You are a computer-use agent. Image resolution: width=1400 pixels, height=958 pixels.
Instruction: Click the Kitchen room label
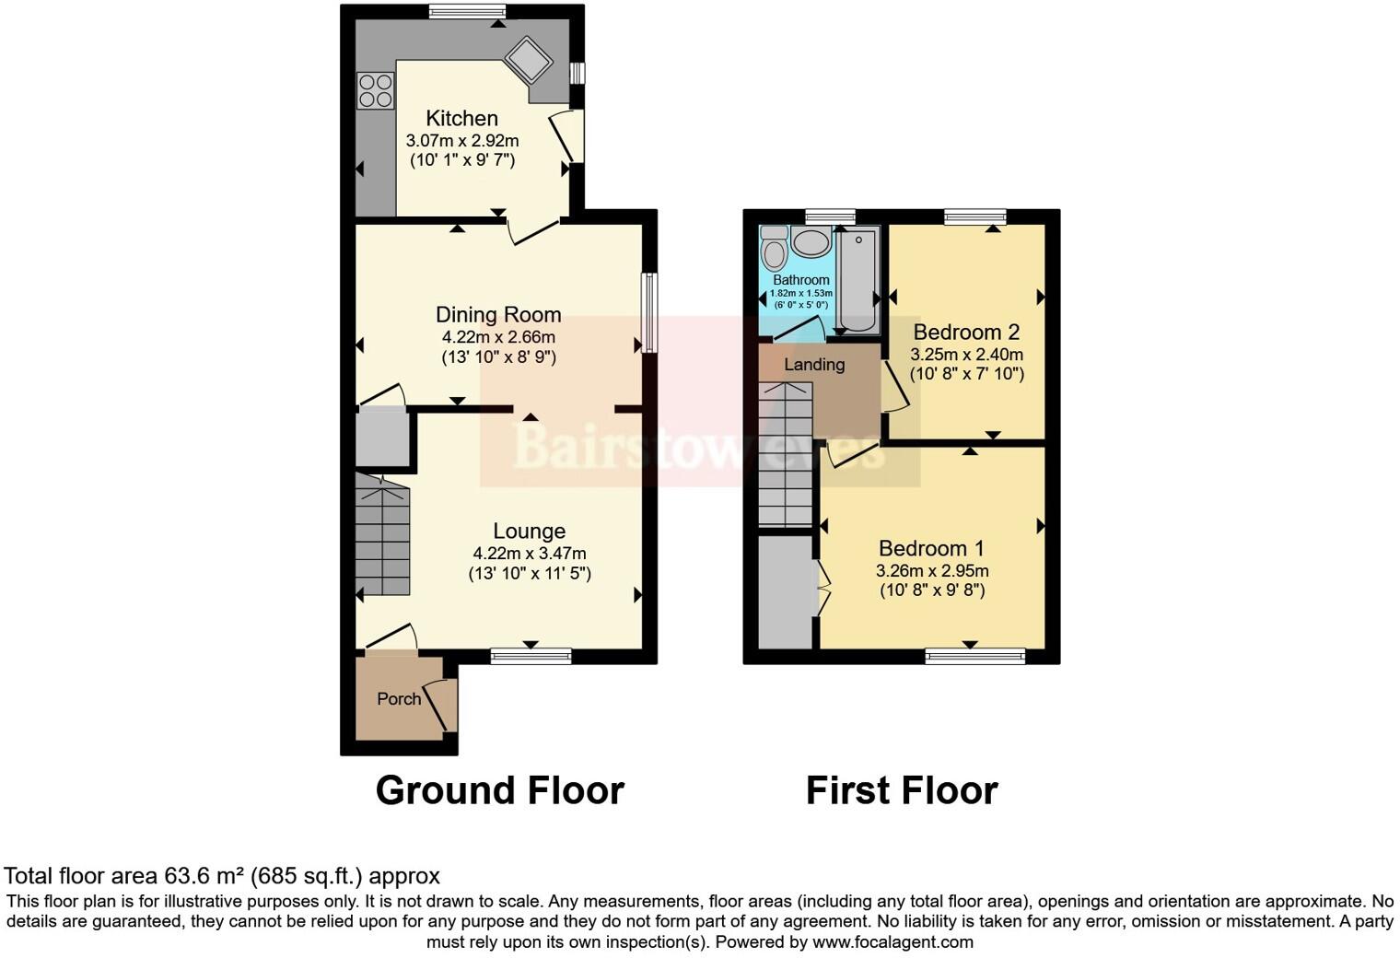[x=461, y=118]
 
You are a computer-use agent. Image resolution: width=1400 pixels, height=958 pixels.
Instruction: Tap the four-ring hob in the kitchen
[x=375, y=90]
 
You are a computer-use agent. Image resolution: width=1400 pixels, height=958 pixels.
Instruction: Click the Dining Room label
[x=498, y=315]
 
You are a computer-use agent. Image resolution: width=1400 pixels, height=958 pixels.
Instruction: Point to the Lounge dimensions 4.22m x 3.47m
[x=530, y=554]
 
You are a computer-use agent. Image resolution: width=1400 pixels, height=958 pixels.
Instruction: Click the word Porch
[x=399, y=699]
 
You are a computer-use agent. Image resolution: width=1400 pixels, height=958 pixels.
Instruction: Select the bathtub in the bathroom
[x=858, y=281]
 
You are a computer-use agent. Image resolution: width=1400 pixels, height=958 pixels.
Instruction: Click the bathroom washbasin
[x=811, y=243]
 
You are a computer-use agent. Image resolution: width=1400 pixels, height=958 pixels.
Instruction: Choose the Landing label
[x=814, y=365]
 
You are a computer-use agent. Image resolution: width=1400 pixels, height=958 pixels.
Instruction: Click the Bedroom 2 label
[x=966, y=332]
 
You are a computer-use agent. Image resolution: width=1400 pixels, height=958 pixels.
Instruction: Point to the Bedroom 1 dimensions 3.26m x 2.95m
[x=932, y=571]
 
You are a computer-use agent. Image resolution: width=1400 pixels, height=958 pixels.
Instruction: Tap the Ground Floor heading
[x=499, y=790]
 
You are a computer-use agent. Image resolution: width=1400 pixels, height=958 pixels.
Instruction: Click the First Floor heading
[x=902, y=790]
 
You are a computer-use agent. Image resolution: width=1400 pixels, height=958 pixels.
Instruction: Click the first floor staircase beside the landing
[x=786, y=456]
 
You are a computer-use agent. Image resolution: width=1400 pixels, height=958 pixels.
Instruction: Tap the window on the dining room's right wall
[x=650, y=312]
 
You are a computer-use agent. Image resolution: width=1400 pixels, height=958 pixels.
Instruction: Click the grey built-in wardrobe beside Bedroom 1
[x=785, y=592]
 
